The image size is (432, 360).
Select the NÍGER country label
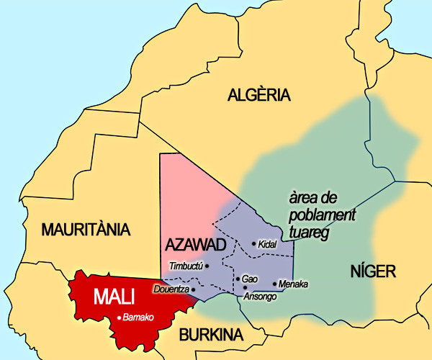(373, 271)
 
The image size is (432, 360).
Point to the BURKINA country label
(211, 335)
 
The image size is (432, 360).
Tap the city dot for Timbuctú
(207, 266)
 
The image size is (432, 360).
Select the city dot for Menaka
(275, 284)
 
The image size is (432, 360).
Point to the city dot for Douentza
(193, 289)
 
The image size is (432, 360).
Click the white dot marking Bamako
(120, 317)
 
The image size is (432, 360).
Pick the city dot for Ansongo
(246, 287)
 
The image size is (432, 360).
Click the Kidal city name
(268, 244)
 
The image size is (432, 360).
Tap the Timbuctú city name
(186, 266)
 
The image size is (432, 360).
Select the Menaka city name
(293, 284)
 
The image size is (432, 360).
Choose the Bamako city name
(139, 318)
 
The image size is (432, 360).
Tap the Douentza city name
(171, 289)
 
